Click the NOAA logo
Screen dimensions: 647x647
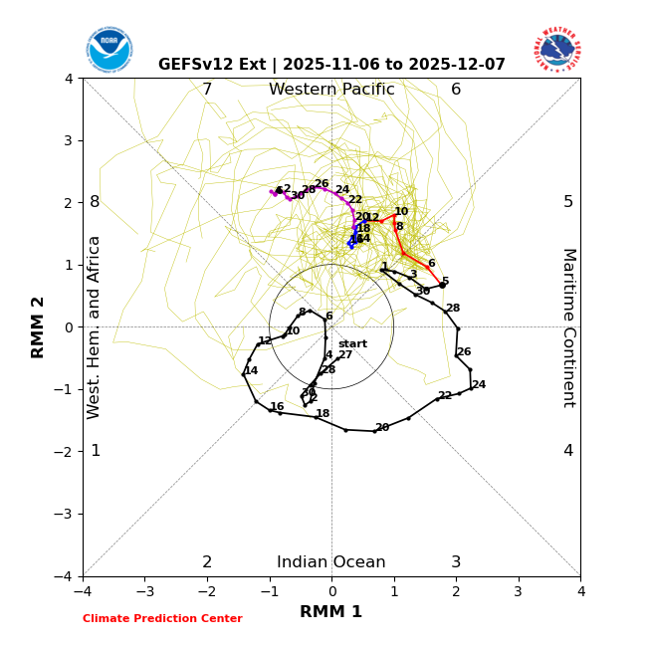[108, 50]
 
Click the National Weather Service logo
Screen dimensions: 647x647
[556, 50]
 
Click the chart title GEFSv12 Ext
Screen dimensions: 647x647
[331, 65]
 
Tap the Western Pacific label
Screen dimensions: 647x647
[331, 90]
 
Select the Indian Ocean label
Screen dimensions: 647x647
[331, 562]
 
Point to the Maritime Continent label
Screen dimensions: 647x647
[567, 327]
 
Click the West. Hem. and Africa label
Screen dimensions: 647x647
[95, 327]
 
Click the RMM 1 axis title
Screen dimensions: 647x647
[331, 612]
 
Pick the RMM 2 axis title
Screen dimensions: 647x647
[39, 327]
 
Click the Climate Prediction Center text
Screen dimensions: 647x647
[162, 619]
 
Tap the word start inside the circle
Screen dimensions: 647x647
[352, 344]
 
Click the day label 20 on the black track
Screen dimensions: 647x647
[382, 428]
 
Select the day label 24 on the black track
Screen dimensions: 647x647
[479, 385]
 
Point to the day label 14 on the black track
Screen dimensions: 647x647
[251, 371]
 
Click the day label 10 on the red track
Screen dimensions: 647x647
[401, 212]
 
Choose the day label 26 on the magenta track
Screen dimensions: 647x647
[322, 184]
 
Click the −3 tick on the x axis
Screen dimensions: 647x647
[144, 591]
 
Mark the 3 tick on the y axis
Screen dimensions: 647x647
[69, 140]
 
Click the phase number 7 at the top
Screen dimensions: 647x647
[207, 90]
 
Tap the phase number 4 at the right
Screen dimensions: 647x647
[568, 451]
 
